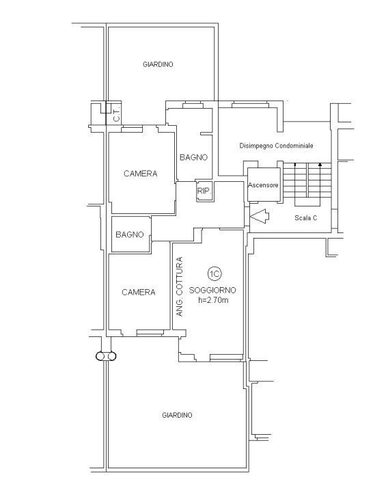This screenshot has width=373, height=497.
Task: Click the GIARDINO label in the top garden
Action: click(x=158, y=64)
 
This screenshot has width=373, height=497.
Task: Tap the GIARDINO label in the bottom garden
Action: click(x=178, y=415)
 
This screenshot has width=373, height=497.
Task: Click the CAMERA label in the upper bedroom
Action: click(x=140, y=174)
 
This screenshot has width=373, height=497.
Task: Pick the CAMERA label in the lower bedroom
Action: click(x=138, y=292)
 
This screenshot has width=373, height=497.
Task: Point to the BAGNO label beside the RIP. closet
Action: click(x=193, y=157)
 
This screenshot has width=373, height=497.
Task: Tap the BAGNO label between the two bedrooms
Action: click(x=129, y=234)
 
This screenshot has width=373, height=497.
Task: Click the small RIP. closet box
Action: click(x=204, y=191)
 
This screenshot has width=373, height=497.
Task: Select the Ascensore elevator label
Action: click(x=263, y=185)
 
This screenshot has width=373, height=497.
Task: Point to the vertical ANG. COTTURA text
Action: click(x=180, y=286)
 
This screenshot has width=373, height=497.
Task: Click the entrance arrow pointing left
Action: click(x=260, y=215)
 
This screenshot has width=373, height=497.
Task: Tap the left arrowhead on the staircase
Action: click(x=294, y=165)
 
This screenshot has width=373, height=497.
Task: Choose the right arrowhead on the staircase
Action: click(x=320, y=165)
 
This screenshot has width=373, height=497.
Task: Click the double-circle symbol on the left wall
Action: click(x=106, y=355)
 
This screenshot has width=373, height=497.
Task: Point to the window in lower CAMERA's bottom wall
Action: click(x=149, y=333)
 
